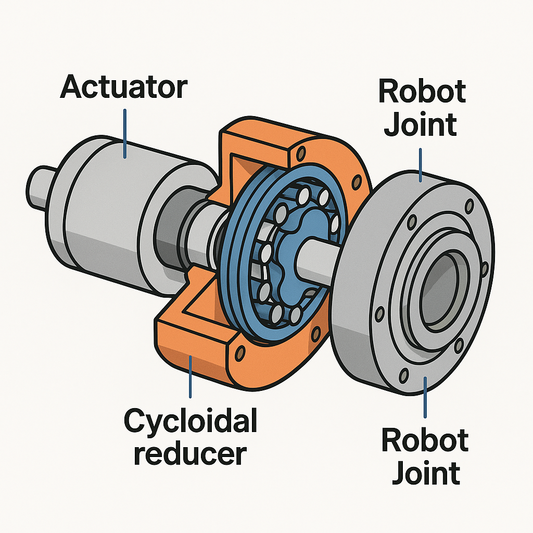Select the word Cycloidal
point(191,421)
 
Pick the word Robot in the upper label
point(422,92)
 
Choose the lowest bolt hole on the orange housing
point(240,354)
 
